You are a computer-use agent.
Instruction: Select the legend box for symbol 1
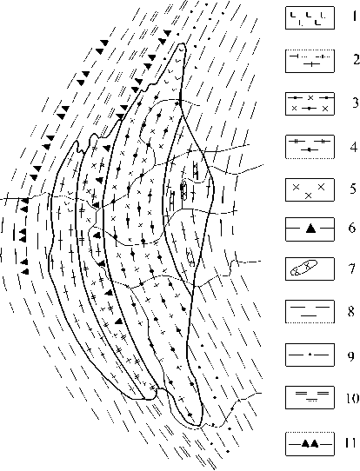[310, 18]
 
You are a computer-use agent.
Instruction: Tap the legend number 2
[357, 59]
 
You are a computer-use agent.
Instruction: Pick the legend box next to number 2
[310, 61]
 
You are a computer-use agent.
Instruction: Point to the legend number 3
[356, 103]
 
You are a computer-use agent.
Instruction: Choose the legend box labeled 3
[310, 103]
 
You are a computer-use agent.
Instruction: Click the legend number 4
[355, 147]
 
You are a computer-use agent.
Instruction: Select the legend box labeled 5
[310, 190]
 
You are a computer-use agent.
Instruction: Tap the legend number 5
[355, 189]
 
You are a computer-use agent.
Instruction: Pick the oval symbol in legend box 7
[303, 268]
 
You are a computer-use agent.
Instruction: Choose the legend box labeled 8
[310, 311]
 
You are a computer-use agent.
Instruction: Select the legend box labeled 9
[310, 355]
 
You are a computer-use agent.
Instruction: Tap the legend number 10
[352, 398]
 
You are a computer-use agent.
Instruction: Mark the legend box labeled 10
[310, 397]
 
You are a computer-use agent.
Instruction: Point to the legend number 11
[350, 442]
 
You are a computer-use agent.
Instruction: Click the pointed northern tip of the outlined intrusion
[181, 43]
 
